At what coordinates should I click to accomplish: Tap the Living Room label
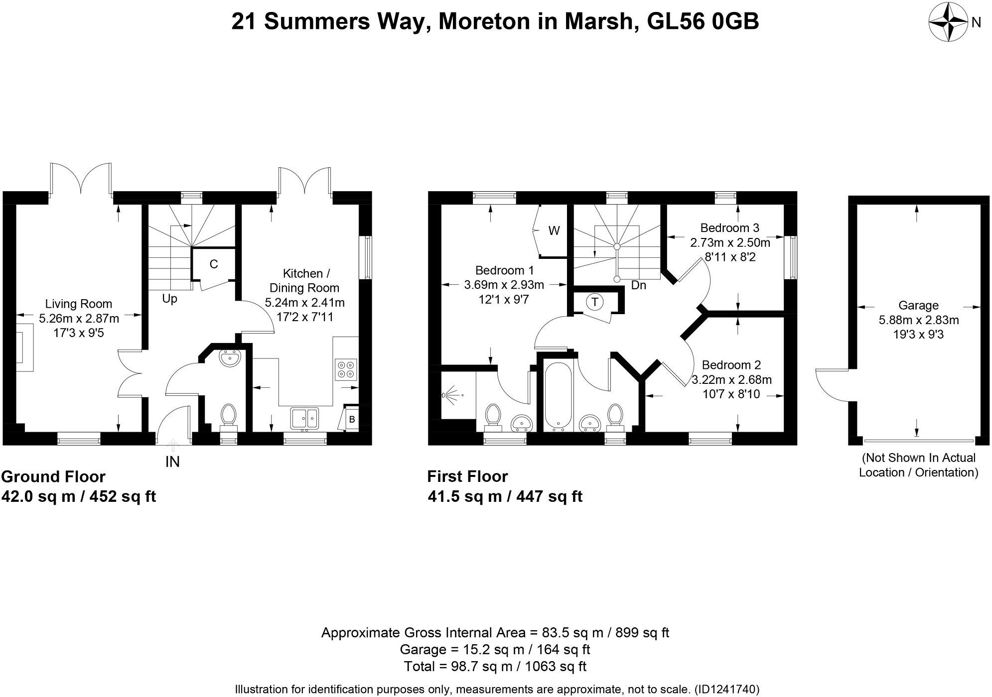click(79, 304)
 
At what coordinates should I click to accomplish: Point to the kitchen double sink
click(305, 418)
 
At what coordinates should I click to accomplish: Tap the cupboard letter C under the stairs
click(214, 264)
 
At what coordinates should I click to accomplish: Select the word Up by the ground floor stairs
click(170, 299)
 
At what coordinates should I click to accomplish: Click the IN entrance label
click(172, 462)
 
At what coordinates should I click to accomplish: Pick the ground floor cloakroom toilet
click(229, 416)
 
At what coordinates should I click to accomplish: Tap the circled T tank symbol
click(594, 302)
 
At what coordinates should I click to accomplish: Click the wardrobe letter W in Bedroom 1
click(554, 231)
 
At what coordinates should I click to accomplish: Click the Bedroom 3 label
click(729, 228)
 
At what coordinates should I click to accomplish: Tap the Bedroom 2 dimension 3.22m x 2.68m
click(731, 380)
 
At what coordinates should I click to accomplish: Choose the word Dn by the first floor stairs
click(638, 285)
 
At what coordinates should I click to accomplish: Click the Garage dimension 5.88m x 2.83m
click(919, 320)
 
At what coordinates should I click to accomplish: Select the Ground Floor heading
click(53, 477)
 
